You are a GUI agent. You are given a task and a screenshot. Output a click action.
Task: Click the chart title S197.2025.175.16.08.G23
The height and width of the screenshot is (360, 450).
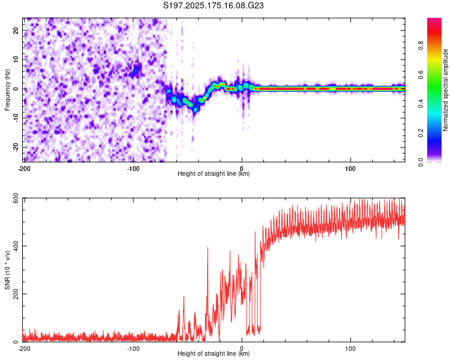click(x=213, y=5)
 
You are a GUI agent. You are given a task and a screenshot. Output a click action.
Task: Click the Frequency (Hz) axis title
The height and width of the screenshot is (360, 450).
click(x=7, y=90)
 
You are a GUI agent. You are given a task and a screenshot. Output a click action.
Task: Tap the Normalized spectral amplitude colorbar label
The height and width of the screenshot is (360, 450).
click(x=445, y=90)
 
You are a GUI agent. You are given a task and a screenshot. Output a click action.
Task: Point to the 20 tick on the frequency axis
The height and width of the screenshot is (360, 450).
click(x=16, y=31)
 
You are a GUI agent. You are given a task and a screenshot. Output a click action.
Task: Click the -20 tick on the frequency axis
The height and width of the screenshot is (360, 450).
click(x=16, y=147)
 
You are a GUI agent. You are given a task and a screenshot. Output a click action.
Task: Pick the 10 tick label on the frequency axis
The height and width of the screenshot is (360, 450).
click(x=16, y=59)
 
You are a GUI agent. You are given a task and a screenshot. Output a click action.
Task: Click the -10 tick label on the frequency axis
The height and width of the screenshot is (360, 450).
click(x=16, y=118)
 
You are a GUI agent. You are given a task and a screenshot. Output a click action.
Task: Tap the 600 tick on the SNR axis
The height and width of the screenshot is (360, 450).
click(x=16, y=198)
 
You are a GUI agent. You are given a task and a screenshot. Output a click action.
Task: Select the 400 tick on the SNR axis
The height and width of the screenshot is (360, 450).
click(x=16, y=246)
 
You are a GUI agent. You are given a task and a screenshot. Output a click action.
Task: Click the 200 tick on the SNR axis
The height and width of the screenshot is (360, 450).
click(x=16, y=294)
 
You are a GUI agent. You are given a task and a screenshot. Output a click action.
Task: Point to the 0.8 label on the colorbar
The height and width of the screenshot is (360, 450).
click(x=421, y=46)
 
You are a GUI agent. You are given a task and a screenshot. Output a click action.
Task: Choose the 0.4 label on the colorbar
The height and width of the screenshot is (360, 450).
click(x=421, y=104)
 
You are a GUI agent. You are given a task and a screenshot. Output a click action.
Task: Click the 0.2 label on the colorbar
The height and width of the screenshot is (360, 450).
click(x=421, y=133)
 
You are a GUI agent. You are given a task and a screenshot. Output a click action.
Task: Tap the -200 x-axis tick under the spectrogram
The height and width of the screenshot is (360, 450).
click(x=25, y=169)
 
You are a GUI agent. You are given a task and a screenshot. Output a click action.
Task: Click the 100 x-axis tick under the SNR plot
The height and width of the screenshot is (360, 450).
click(x=350, y=349)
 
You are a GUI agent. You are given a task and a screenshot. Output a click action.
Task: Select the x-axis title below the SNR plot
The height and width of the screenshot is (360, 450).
click(x=214, y=353)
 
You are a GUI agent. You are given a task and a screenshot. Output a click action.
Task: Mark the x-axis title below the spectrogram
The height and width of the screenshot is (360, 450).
click(x=214, y=173)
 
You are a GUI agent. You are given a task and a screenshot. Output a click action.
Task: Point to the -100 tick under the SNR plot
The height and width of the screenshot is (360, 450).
click(x=133, y=349)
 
